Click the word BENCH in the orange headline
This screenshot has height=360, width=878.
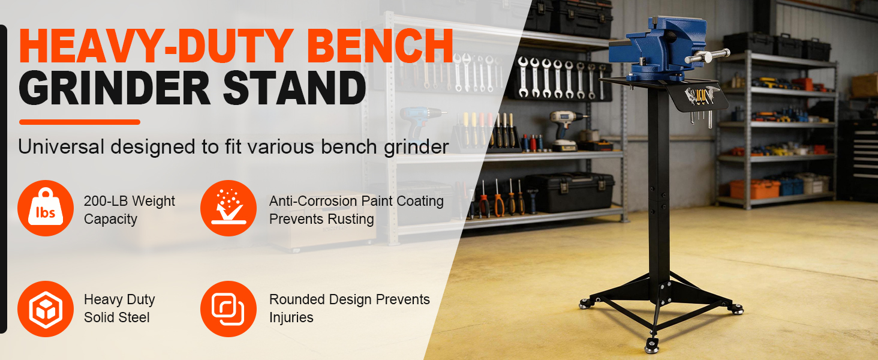coord(380,46)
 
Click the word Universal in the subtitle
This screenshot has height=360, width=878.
coord(61,146)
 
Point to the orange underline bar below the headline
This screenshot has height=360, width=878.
coord(80,122)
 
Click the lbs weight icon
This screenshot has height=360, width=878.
coord(46,208)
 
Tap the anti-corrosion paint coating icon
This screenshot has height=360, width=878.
coord(228,208)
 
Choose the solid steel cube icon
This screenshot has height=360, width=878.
coord(46,309)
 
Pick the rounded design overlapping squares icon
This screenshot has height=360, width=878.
coord(228,309)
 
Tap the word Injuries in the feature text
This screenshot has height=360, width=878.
coord(291,317)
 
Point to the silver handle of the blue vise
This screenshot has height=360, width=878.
coord(708,56)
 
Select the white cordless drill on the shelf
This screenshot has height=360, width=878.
coord(566,130)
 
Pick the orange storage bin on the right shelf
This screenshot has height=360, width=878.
coord(754,189)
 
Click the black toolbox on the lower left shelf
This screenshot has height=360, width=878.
coord(570,192)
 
